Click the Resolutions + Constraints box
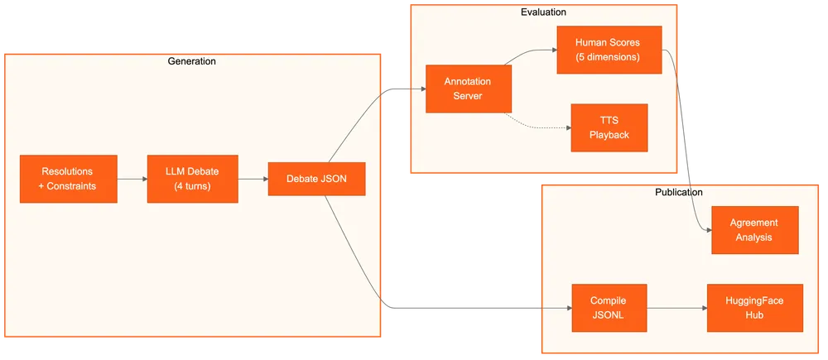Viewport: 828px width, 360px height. coord(68,179)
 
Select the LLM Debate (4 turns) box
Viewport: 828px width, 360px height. coord(192,179)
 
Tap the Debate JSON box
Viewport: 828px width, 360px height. coord(317,179)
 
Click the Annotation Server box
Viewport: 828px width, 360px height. coord(469,89)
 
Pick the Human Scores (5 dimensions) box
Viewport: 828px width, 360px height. coord(608,50)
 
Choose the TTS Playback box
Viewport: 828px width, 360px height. coord(609,127)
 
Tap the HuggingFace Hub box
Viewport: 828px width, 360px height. coord(755,308)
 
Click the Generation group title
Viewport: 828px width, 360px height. coord(192,61)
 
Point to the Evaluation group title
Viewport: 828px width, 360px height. coord(543,12)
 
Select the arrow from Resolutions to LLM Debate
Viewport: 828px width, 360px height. coord(132,179)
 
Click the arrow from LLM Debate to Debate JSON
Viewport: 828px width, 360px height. coord(253,179)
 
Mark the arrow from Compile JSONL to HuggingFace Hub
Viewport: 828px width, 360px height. coord(676,308)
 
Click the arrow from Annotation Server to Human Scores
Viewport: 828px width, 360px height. coord(530,55)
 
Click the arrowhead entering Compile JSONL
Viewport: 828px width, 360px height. coord(569,308)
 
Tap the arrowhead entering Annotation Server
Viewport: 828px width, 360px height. coord(421,89)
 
